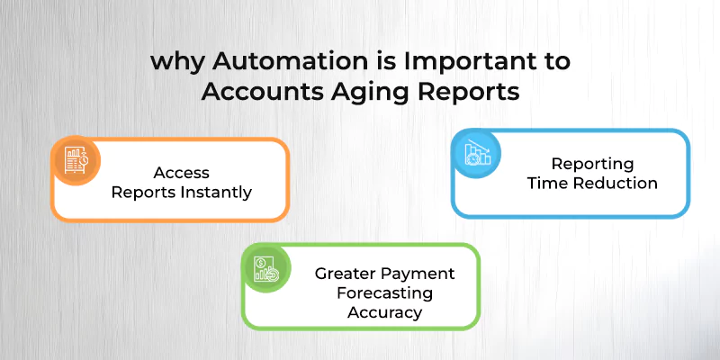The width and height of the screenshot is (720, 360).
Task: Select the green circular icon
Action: (266, 266)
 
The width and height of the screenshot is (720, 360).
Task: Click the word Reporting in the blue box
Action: (593, 165)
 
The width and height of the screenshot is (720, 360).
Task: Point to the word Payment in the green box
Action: (422, 274)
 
